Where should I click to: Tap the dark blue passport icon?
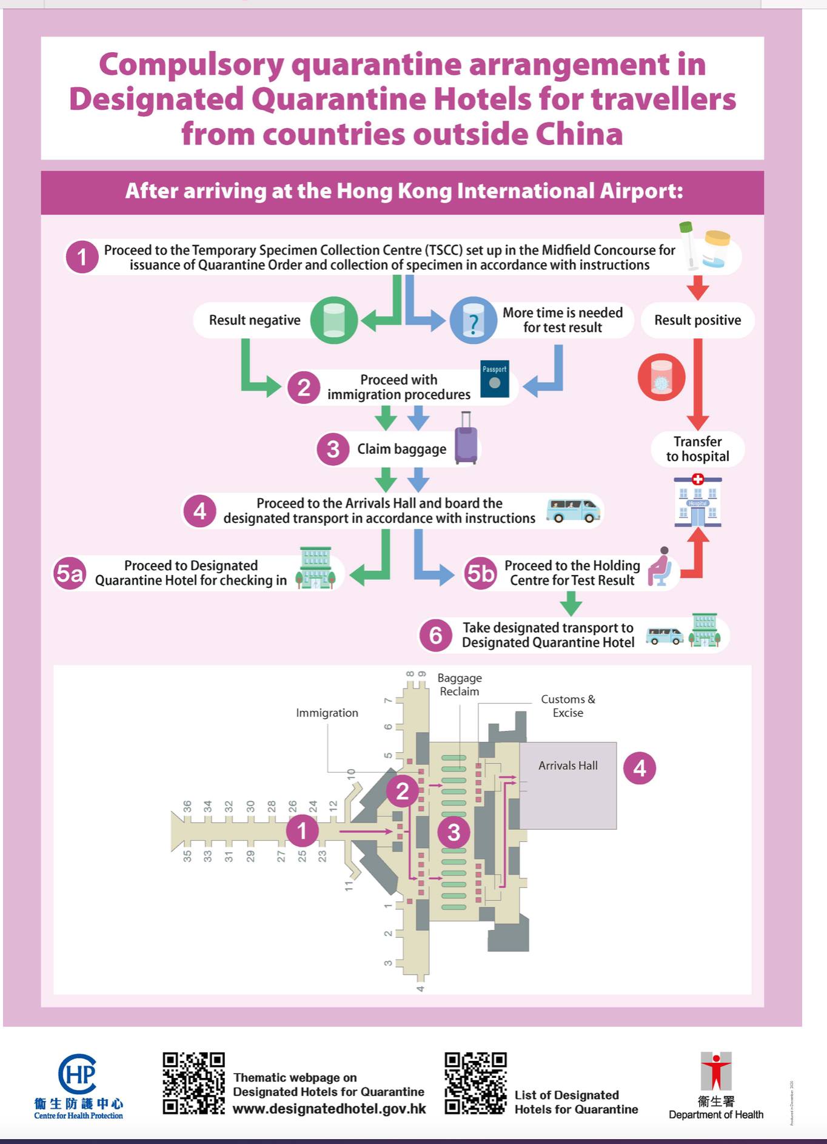tap(494, 380)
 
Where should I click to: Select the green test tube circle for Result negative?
tap(334, 320)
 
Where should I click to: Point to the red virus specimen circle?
tap(661, 377)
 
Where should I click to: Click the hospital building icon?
tap(697, 502)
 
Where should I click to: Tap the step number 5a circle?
tap(70, 573)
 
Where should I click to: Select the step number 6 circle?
tap(435, 635)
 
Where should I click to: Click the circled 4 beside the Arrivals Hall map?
tap(639, 769)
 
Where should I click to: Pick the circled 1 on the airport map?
tap(302, 830)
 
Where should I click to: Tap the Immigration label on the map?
tap(327, 713)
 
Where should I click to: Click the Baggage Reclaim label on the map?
tap(460, 685)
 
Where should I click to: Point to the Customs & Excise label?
tap(568, 706)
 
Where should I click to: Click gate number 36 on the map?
tap(187, 807)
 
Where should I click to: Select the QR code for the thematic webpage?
tap(193, 1083)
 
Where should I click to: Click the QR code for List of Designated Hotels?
tap(475, 1083)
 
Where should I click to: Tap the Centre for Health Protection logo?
tap(78, 1086)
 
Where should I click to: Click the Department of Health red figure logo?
tap(716, 1072)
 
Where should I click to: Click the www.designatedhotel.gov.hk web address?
tap(329, 1109)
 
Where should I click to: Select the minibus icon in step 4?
tap(573, 510)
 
